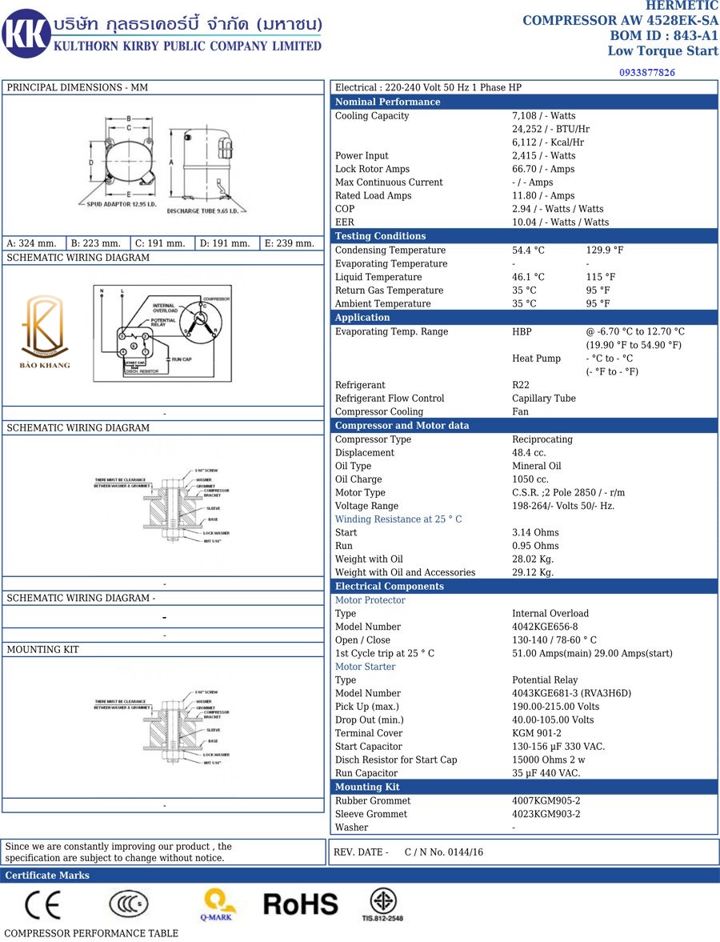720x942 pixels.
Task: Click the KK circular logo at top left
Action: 26,34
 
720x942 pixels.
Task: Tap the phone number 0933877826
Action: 646,73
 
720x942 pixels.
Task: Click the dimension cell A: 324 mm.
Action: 32,243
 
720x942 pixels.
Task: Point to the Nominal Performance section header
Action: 387,102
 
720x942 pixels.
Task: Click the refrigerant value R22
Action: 521,385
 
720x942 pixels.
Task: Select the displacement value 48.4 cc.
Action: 529,453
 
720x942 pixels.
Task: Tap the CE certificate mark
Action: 42,904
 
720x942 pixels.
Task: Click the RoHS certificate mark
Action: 301,904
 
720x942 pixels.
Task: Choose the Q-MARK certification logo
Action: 218,904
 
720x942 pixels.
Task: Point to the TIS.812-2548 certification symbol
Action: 382,904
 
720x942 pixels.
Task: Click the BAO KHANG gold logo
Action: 46,332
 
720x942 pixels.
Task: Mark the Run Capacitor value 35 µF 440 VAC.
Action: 546,773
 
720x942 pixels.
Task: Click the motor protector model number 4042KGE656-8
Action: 545,627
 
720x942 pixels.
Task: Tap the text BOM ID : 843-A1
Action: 664,36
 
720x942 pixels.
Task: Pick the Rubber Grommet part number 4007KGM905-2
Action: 546,800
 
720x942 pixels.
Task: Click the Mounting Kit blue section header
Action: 367,787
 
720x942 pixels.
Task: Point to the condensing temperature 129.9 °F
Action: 605,251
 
